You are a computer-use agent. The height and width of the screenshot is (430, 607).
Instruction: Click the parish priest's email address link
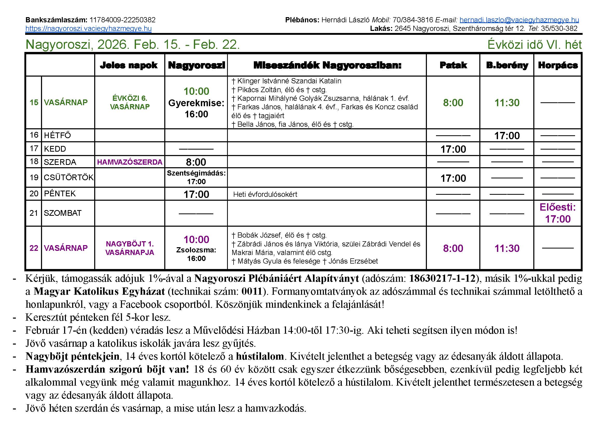(x=519, y=20)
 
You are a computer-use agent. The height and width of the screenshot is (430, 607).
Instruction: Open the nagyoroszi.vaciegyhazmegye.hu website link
(x=88, y=29)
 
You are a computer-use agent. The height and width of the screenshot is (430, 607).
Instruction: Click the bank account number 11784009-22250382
(x=122, y=20)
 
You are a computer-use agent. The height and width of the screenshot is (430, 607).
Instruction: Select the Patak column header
(x=453, y=65)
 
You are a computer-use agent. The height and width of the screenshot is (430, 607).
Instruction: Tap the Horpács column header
(x=558, y=65)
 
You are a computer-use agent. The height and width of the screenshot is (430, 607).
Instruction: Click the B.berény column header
(x=507, y=65)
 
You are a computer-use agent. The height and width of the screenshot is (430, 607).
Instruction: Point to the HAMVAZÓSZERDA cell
(x=130, y=162)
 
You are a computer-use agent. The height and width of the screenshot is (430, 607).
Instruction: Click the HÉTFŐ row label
(x=57, y=136)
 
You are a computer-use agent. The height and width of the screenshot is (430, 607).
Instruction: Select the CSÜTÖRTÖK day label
(x=68, y=177)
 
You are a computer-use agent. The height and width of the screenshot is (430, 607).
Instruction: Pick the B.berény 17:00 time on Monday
(x=507, y=136)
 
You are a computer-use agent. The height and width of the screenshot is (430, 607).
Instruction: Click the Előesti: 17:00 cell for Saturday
(x=558, y=213)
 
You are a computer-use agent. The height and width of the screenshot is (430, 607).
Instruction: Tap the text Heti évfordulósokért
(x=265, y=194)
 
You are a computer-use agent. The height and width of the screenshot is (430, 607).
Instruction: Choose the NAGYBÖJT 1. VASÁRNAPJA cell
(x=130, y=248)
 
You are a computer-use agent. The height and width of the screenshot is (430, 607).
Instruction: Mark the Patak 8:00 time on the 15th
(x=453, y=103)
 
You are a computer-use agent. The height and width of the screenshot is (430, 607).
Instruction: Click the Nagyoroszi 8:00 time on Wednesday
(x=196, y=162)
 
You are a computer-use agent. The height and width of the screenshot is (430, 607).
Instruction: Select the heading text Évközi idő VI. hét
(x=535, y=45)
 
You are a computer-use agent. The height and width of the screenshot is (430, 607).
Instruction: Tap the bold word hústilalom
(x=260, y=357)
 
